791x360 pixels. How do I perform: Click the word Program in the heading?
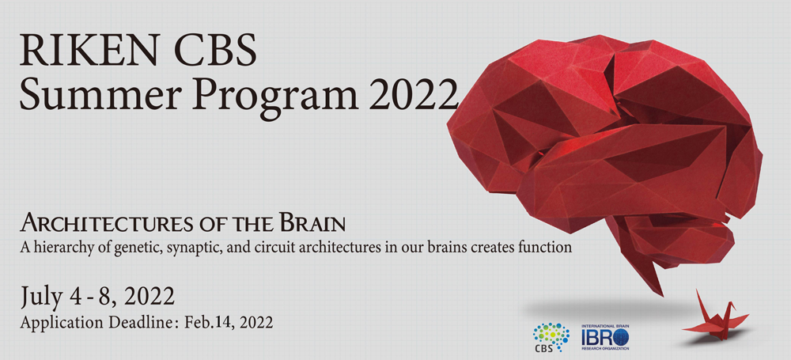tap(269, 96)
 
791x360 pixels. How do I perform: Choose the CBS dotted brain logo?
tap(551, 337)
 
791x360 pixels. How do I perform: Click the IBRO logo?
tap(605, 337)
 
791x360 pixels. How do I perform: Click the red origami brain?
tap(605, 151)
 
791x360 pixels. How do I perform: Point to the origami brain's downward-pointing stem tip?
tap(662, 296)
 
